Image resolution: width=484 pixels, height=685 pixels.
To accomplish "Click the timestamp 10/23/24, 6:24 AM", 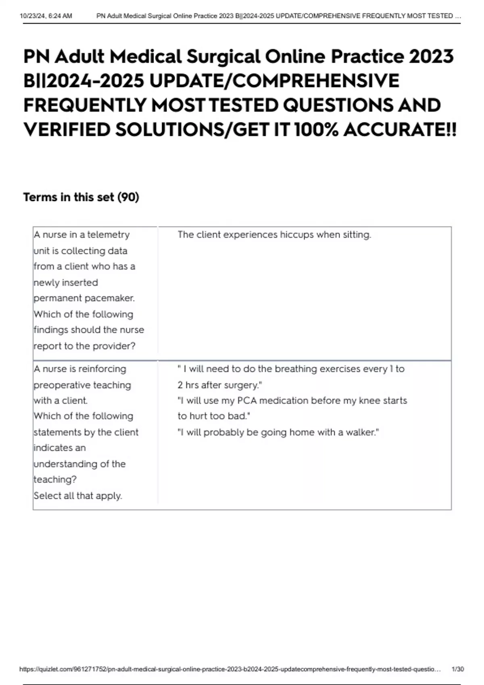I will [46, 16].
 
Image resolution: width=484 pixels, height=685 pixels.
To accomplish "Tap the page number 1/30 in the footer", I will [458, 669].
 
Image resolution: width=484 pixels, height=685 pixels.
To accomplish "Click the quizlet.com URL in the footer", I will [230, 669].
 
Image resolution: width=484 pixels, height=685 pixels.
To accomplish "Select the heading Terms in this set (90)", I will [81, 197].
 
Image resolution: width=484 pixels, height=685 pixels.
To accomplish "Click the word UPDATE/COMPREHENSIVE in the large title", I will [274, 81].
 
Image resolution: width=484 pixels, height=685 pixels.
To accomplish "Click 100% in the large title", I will [316, 130].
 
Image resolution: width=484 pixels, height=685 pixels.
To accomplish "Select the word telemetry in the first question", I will [108, 235].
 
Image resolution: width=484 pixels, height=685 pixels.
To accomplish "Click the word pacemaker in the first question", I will [109, 298].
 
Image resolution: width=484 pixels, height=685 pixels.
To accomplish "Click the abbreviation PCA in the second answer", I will [247, 401].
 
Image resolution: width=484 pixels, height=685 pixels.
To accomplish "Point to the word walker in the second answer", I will [360, 432].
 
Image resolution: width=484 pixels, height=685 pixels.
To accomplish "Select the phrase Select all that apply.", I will [78, 496].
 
